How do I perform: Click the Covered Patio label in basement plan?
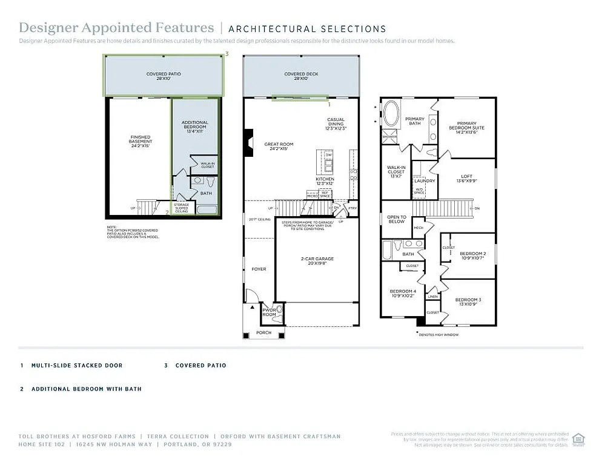(x=164, y=76)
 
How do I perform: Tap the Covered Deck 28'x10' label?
(x=301, y=76)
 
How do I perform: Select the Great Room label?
(x=279, y=146)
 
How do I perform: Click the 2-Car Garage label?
(x=317, y=261)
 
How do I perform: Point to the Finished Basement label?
(x=140, y=141)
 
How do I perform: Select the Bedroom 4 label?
(x=402, y=294)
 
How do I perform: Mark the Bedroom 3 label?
(x=468, y=302)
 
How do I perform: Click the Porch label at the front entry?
(x=263, y=333)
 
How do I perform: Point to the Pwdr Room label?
(x=269, y=312)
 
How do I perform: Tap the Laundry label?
(x=425, y=180)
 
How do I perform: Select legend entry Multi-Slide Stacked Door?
(x=76, y=366)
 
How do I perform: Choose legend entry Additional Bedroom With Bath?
(x=86, y=389)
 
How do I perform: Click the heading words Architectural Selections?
(x=307, y=28)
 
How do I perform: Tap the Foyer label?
(x=259, y=269)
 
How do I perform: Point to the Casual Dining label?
(x=336, y=124)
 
